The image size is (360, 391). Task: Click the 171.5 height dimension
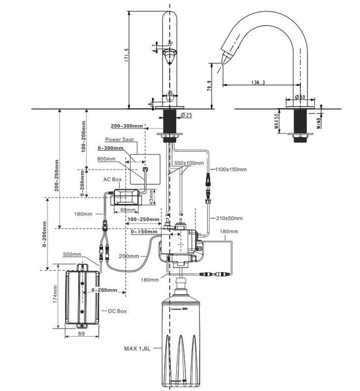[127, 55]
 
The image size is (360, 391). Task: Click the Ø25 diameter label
[186, 115]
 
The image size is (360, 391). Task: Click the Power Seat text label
[119, 140]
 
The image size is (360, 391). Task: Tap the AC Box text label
[112, 180]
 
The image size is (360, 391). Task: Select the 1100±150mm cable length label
[229, 169]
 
